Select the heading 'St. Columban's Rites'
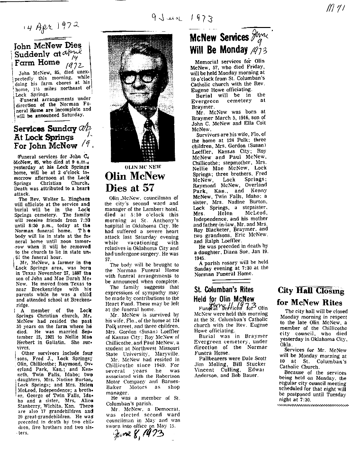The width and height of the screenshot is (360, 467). [x=224, y=289]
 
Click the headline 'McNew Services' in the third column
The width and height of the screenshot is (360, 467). [x=219, y=38]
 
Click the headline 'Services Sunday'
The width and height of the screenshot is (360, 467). [x=45, y=128]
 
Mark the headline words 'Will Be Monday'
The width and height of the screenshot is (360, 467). [x=218, y=50]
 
